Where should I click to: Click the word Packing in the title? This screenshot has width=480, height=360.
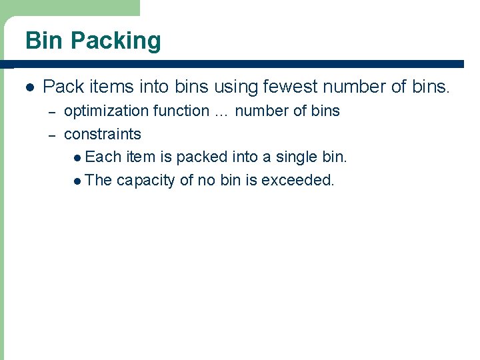(116, 41)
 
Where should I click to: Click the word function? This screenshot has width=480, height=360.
(181, 111)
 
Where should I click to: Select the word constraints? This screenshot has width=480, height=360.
(102, 134)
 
